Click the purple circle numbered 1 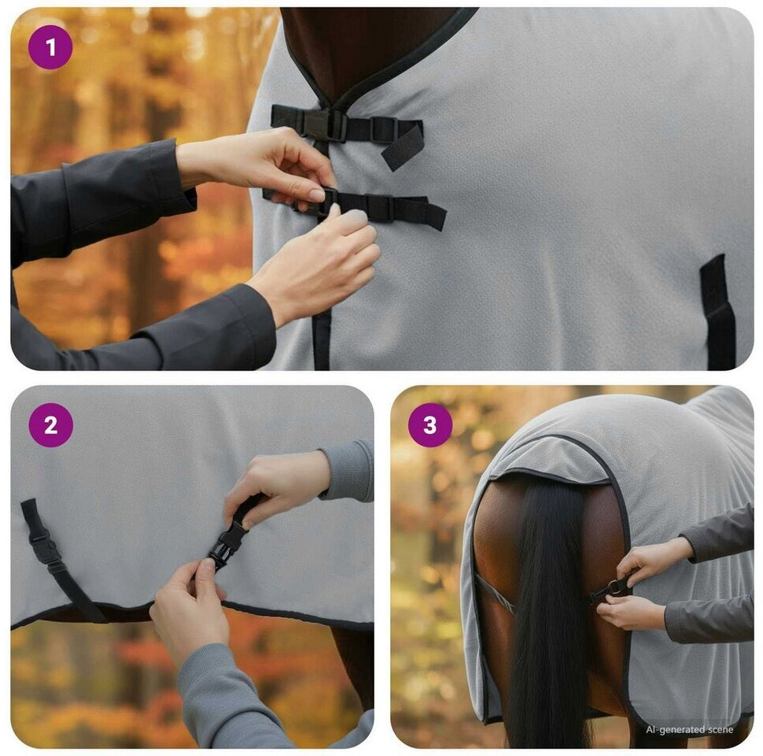click(x=50, y=48)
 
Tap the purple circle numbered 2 click(x=50, y=425)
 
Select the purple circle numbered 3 click(x=430, y=425)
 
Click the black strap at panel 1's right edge click(x=717, y=312)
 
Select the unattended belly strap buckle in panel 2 click(x=45, y=548)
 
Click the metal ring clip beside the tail click(x=614, y=588)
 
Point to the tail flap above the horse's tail click(x=550, y=463)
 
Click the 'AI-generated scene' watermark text click(x=690, y=729)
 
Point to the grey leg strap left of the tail click(x=494, y=592)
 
